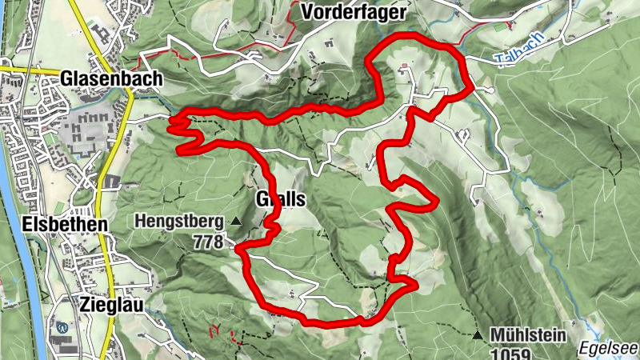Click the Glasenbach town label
tap(111, 78)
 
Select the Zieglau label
tap(110, 303)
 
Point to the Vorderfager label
tap(355, 12)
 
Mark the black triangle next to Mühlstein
tap(478, 335)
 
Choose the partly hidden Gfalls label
tap(281, 200)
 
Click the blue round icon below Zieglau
tap(63, 326)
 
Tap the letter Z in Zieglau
tap(85, 303)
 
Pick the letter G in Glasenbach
tap(67, 78)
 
